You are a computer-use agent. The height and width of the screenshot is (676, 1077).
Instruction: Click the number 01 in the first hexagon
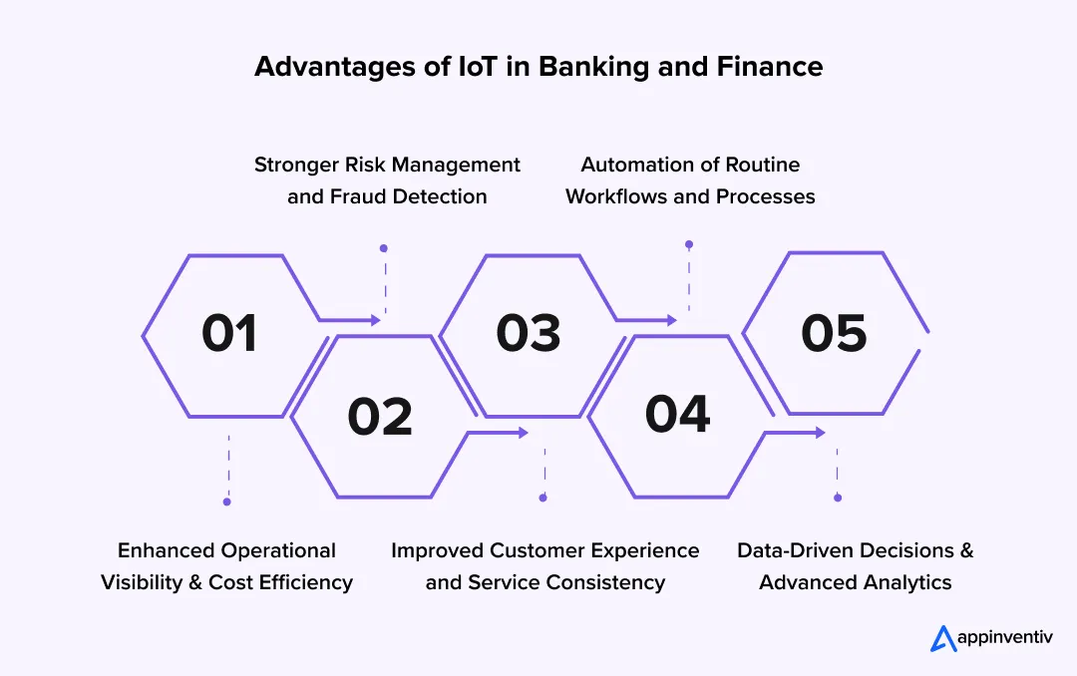coord(229,333)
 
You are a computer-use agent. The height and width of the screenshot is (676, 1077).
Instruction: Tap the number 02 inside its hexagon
coord(380,417)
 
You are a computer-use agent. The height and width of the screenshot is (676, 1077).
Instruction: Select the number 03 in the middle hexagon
coord(529,333)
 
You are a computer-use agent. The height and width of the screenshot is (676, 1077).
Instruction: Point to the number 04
coord(677,414)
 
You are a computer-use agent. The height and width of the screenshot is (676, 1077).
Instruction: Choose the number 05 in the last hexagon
coord(834,333)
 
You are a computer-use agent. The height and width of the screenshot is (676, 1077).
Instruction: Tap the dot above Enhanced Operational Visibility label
coord(227,502)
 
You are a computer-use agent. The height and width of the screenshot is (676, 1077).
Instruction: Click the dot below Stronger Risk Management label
coord(384,248)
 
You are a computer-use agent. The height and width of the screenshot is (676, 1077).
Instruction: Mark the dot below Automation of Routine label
coord(689,244)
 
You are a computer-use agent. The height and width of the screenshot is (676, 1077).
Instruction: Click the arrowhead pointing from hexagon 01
coord(376,320)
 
